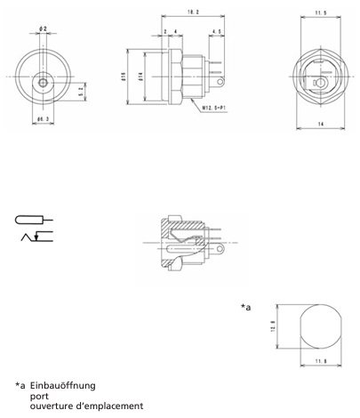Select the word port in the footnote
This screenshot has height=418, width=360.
[38, 396]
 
